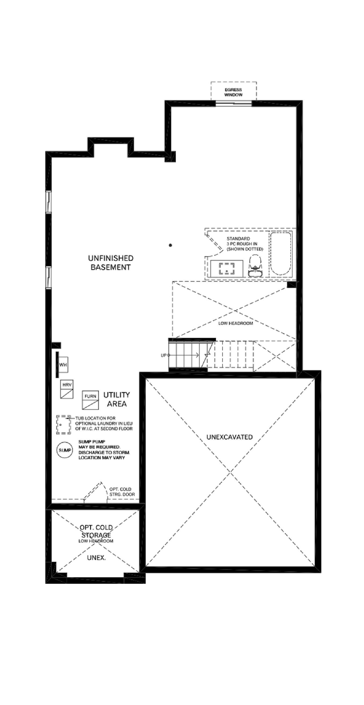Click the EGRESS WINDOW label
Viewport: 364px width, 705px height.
[233, 92]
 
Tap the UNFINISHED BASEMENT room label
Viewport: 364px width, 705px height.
[111, 263]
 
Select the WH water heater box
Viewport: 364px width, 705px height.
[63, 365]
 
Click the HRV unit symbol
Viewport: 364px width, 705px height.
[67, 389]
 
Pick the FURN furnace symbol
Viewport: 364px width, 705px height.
[90, 400]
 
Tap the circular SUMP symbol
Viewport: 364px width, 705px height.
[65, 450]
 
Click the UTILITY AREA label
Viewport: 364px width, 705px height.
[117, 399]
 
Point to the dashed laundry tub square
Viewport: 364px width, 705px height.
[63, 425]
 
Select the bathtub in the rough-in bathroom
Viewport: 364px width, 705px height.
[281, 254]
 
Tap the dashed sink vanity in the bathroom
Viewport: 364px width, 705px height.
[227, 269]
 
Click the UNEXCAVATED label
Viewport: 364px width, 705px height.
[230, 437]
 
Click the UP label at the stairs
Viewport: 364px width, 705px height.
[163, 355]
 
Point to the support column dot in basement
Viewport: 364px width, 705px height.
[170, 245]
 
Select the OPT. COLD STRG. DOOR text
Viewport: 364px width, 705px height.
[122, 491]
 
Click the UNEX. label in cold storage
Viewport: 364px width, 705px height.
[96, 557]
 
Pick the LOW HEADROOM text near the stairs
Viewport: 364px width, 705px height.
[235, 323]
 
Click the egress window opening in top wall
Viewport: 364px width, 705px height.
[233, 103]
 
